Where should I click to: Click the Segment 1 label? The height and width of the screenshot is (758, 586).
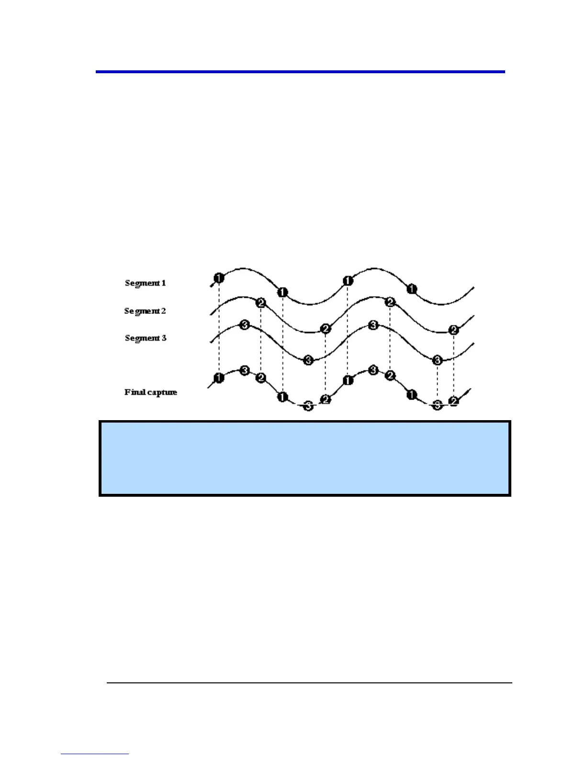(145, 283)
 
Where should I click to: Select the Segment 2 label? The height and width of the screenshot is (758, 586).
(145, 311)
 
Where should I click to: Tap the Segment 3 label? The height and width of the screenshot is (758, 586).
(146, 338)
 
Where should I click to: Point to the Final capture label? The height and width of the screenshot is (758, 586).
(151, 392)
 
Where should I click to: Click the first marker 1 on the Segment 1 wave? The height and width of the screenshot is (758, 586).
(219, 278)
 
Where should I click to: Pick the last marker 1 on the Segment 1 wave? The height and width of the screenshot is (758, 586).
(412, 289)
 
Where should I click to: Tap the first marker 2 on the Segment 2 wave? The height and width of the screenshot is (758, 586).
(260, 303)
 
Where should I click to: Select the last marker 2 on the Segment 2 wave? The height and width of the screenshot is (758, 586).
(454, 330)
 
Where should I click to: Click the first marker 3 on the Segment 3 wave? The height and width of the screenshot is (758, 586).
(244, 325)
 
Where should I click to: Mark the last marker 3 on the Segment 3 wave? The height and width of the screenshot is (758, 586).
(437, 360)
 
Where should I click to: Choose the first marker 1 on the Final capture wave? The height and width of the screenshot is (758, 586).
(219, 378)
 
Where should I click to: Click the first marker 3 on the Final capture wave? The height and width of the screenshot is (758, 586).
(244, 370)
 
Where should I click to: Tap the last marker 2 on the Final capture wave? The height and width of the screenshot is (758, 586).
(454, 401)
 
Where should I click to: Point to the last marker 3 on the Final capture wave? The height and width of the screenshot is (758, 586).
(437, 405)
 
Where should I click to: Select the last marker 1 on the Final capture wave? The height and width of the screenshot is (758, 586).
(412, 395)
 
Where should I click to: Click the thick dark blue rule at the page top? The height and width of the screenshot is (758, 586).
(300, 72)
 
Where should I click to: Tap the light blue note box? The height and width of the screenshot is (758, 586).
(305, 458)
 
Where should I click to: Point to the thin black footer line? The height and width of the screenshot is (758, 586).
(309, 683)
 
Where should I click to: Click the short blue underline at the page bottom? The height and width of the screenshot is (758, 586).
(95, 754)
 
